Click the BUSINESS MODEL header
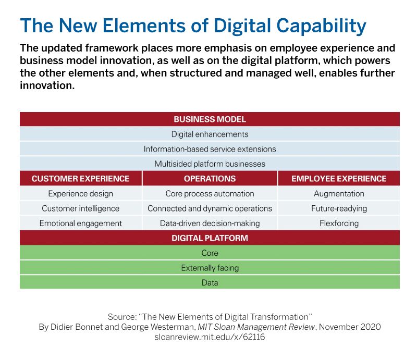pyautogui.click(x=210, y=119)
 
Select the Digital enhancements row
pyautogui.click(x=210, y=134)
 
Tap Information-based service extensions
pyautogui.click(x=210, y=149)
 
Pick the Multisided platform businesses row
pyautogui.click(x=210, y=164)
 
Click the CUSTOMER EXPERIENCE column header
pyautogui.click(x=80, y=179)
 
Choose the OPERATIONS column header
pyautogui.click(x=210, y=179)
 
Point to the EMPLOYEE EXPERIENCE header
pyautogui.click(x=339, y=179)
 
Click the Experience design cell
pyautogui.click(x=80, y=194)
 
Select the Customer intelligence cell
pyautogui.click(x=80, y=208)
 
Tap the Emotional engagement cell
pyautogui.click(x=80, y=224)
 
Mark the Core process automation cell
pyautogui.click(x=210, y=194)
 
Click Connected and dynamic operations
pyautogui.click(x=210, y=208)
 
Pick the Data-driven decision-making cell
pyautogui.click(x=210, y=224)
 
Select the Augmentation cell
pyautogui.click(x=339, y=194)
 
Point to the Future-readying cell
pyautogui.click(x=339, y=208)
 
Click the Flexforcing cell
pyautogui.click(x=339, y=224)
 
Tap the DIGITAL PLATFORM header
pyautogui.click(x=210, y=238)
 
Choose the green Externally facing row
pyautogui.click(x=210, y=268)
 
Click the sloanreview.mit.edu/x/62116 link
pyautogui.click(x=210, y=337)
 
